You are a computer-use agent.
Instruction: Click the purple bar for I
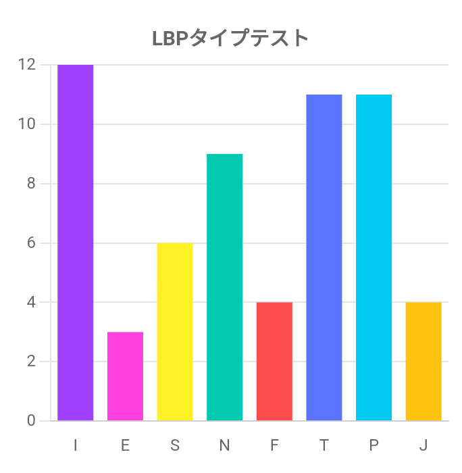(75, 243)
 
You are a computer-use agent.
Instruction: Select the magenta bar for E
(125, 376)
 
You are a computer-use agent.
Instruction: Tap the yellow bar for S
(175, 332)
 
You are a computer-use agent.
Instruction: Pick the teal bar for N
(224, 287)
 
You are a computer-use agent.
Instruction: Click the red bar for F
(274, 362)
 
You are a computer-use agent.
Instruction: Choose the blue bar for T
(324, 257)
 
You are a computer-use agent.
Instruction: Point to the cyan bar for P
(374, 257)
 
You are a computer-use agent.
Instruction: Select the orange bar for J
(423, 362)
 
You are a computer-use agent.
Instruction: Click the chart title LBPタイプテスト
(231, 38)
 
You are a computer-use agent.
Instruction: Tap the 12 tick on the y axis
(27, 65)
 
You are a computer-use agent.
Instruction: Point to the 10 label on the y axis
(27, 124)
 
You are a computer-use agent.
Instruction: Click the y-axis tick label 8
(31, 184)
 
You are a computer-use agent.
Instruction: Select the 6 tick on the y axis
(31, 243)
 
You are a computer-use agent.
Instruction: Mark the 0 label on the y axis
(31, 420)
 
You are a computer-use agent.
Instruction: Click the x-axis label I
(75, 445)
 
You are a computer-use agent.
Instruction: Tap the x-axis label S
(175, 445)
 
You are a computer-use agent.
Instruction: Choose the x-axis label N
(224, 445)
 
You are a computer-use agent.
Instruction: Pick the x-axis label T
(324, 445)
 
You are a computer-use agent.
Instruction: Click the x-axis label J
(423, 445)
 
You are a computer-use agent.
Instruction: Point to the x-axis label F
(274, 445)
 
